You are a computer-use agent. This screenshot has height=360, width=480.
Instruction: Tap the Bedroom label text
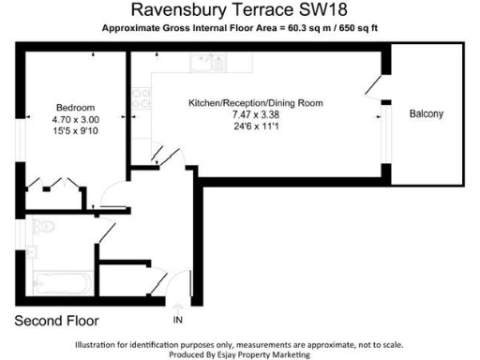pyautogui.click(x=75, y=108)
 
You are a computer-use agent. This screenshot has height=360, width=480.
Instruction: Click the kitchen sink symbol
pyautogui.click(x=202, y=64)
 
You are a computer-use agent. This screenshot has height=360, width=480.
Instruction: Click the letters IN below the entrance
pyautogui.click(x=178, y=322)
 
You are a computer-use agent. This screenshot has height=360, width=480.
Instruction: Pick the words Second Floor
pyautogui.click(x=55, y=322)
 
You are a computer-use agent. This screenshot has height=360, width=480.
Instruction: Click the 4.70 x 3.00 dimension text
pyautogui.click(x=75, y=120)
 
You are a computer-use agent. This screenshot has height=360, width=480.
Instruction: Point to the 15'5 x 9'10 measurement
pyautogui.click(x=75, y=131)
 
